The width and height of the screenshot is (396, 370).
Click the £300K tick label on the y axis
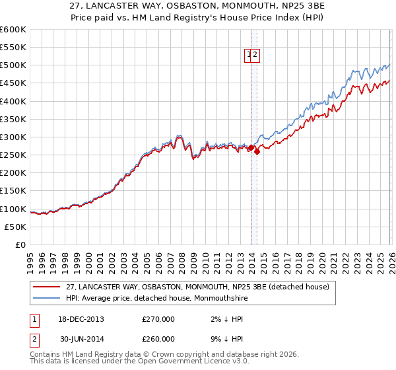[x=13, y=137]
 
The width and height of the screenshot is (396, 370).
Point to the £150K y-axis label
[x=13, y=191]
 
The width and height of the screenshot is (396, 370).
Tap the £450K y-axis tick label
[x=13, y=83]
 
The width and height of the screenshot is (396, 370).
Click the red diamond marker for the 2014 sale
[x=257, y=151]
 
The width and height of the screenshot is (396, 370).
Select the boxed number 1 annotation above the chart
[x=249, y=55]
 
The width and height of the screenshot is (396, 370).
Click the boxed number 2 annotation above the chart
[x=256, y=55]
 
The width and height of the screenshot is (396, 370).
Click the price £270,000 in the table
[x=158, y=319]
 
